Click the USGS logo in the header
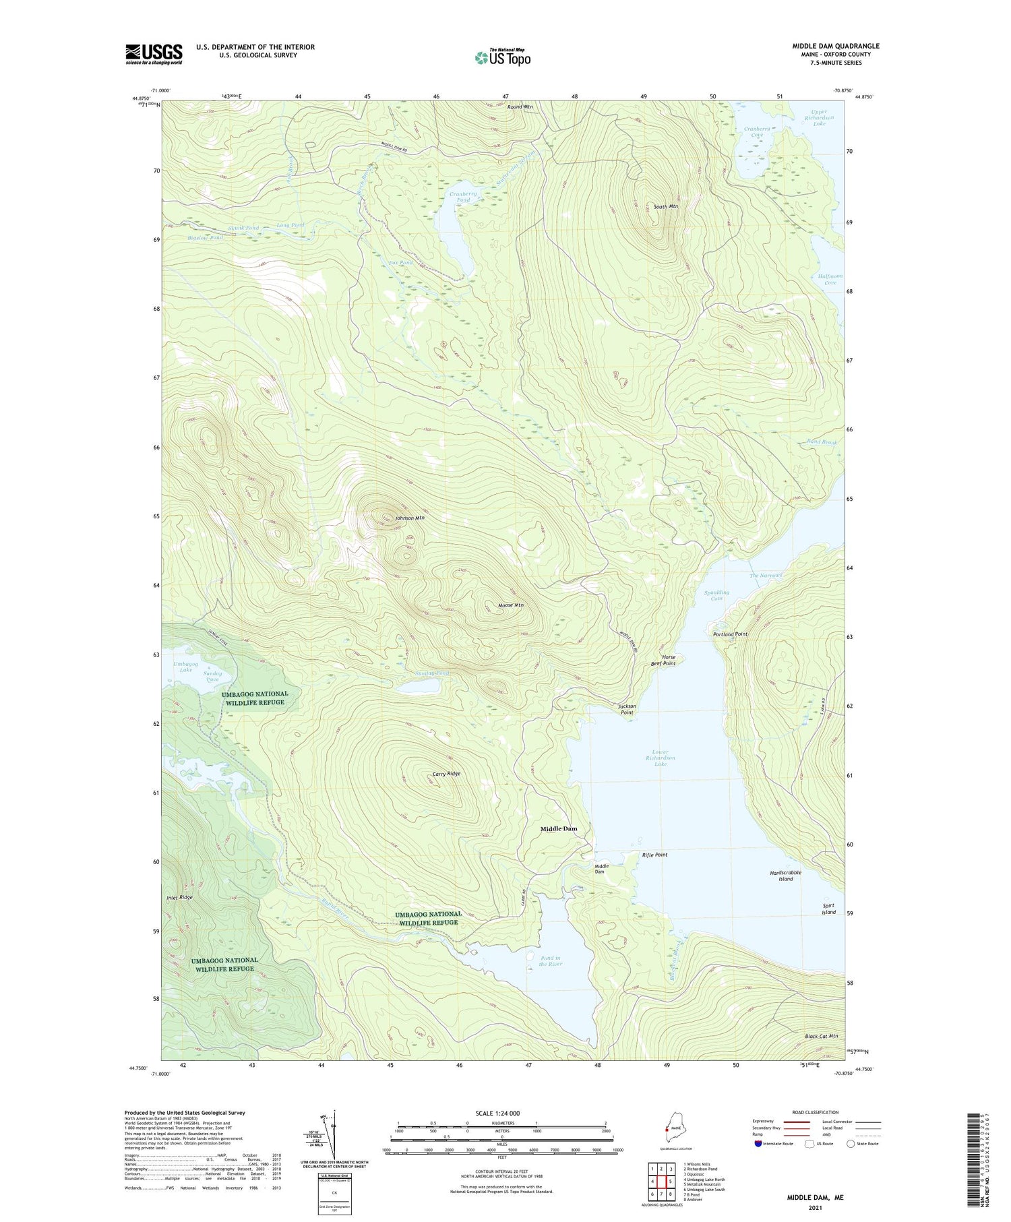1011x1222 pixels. click(x=154, y=54)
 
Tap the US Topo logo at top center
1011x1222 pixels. click(x=502, y=57)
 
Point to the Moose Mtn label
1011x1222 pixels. click(x=510, y=605)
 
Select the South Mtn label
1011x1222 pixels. click(x=665, y=206)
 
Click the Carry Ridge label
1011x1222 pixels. click(x=446, y=774)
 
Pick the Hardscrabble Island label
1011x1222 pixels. click(x=785, y=876)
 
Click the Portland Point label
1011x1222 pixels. click(x=730, y=634)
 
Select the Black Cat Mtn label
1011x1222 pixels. click(x=821, y=1036)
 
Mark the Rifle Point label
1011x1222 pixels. click(x=654, y=855)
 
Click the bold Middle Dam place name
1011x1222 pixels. click(x=559, y=828)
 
